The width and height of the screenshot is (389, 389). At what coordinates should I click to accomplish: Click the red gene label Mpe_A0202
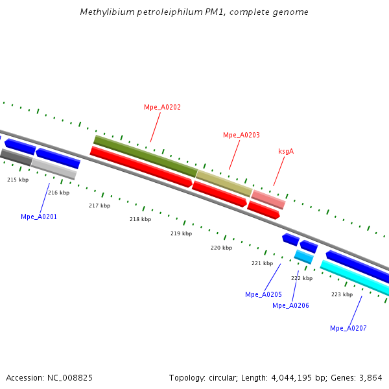click(x=162, y=107)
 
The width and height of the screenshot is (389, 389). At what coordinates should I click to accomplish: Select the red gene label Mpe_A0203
click(x=241, y=135)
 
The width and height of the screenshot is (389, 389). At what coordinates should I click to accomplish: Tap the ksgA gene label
click(x=286, y=151)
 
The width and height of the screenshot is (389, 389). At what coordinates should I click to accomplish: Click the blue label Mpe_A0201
click(x=39, y=217)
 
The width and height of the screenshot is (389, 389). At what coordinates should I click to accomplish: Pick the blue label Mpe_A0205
click(x=263, y=294)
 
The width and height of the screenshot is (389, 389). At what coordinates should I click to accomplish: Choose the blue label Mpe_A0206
click(x=290, y=305)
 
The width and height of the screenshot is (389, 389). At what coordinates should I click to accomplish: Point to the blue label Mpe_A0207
click(x=348, y=328)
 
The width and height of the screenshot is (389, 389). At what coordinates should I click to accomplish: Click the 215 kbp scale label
click(x=18, y=180)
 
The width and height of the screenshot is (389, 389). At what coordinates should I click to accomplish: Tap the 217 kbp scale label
click(x=99, y=206)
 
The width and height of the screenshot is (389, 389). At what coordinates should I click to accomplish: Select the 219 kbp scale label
click(x=181, y=233)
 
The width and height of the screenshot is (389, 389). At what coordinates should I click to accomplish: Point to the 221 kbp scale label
click(x=262, y=263)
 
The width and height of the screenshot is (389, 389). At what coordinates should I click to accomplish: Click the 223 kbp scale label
click(x=342, y=294)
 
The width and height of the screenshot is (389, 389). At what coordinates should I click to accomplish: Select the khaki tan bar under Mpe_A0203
click(x=224, y=183)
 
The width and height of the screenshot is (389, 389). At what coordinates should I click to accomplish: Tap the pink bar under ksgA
click(x=268, y=199)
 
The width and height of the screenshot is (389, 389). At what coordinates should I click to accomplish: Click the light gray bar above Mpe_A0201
click(x=54, y=169)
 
